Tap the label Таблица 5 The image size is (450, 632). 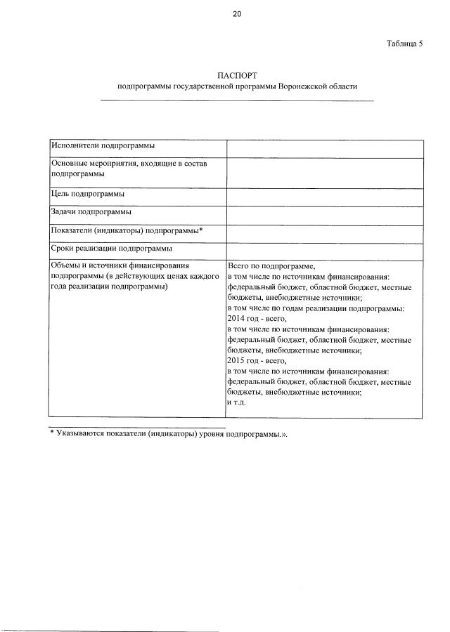pos(404,44)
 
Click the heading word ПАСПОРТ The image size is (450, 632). pos(238,74)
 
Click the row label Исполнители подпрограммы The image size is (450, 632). pos(103,145)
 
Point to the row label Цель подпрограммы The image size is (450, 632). pos(88,194)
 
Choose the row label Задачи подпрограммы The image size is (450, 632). pos(91,211)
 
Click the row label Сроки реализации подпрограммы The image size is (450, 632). pos(112,248)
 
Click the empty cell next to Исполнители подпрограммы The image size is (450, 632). pos(324,148)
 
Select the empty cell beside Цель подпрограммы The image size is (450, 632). pos(324,197)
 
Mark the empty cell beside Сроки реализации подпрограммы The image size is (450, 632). pos(324,251)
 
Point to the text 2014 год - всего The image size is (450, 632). pos(258,318)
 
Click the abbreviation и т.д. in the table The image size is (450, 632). pos(238,402)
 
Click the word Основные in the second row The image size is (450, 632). pos(70,164)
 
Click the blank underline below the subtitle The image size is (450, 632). pos(238,101)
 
